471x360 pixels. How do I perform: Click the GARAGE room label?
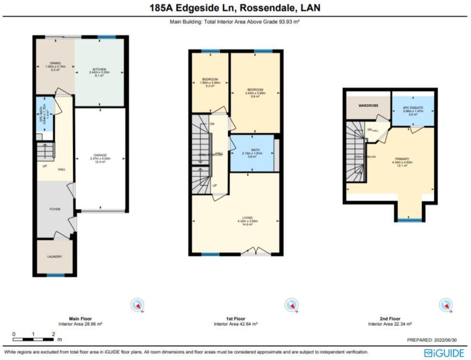(x=100, y=155)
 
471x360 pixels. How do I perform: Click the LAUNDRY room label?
(x=55, y=257)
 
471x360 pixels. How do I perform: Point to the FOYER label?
(x=55, y=209)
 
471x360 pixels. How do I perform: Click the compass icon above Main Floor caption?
(x=138, y=304)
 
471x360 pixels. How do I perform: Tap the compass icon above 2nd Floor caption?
(x=446, y=304)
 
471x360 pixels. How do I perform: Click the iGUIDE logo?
(x=444, y=353)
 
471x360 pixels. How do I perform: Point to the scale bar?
(x=34, y=338)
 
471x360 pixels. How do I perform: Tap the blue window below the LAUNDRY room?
(x=55, y=275)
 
